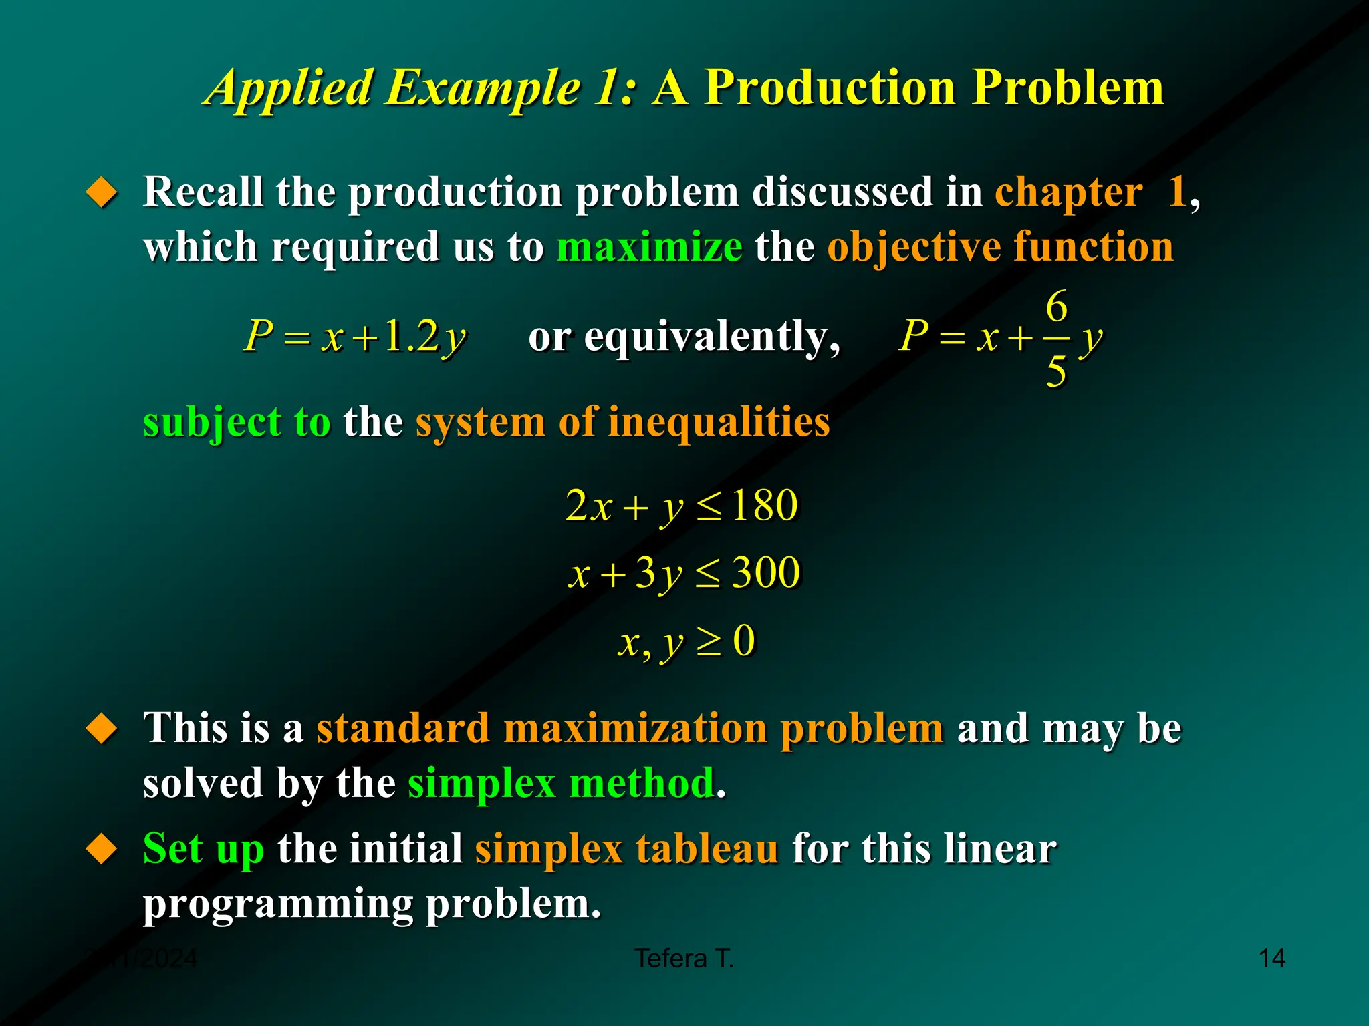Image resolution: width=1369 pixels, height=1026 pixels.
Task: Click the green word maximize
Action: click(649, 246)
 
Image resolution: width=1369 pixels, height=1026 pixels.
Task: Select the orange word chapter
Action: click(1068, 192)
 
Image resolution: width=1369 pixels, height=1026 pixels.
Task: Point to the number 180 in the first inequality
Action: click(765, 505)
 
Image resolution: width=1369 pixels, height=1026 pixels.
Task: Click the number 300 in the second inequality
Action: click(766, 572)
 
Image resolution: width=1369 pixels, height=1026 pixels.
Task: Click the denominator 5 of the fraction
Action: click(1056, 371)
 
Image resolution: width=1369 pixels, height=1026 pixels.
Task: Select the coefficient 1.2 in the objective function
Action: click(411, 335)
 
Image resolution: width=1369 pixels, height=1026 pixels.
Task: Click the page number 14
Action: click(1271, 958)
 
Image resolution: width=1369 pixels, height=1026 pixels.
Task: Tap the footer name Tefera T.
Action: click(684, 958)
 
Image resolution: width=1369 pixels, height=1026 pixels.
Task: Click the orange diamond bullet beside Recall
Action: click(102, 192)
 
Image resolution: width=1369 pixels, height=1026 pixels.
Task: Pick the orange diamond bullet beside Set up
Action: click(102, 849)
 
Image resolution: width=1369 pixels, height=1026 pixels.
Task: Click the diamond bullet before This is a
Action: click(102, 728)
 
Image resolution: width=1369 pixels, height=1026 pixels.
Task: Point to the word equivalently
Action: click(711, 337)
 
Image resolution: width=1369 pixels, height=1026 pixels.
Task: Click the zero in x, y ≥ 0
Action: click(744, 641)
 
